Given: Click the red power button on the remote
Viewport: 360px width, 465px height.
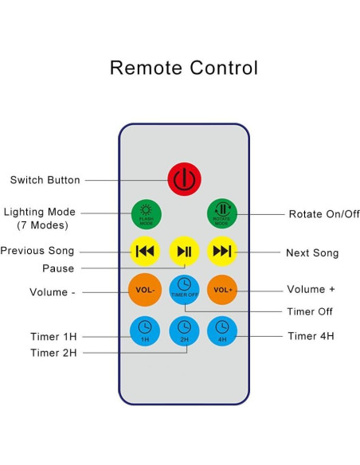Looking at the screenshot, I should [184, 178].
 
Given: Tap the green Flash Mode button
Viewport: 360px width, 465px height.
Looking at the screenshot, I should [146, 213].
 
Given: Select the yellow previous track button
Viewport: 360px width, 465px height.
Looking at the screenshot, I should [145, 252].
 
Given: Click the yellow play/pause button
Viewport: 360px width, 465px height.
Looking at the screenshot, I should [184, 252].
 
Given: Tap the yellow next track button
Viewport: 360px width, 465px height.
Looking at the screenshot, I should [222, 252].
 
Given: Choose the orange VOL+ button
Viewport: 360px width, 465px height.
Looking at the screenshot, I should [222, 289].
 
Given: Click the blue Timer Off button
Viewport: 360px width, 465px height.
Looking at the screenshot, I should [184, 287].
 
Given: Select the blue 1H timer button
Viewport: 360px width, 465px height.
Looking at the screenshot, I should [145, 330].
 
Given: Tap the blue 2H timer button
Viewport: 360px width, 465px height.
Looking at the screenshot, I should [184, 330].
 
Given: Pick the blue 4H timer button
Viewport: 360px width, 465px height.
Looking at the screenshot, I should [222, 330].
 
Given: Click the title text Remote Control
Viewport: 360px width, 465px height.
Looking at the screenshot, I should [183, 68].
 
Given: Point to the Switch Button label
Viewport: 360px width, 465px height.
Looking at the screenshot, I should [45, 180].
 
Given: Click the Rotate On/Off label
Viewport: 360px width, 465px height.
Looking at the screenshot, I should [324, 214].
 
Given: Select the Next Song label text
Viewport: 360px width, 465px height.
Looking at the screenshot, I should [312, 253].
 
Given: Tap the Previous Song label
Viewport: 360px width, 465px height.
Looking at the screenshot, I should [37, 251].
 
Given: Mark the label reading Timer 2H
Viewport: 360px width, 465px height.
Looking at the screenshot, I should [54, 353].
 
